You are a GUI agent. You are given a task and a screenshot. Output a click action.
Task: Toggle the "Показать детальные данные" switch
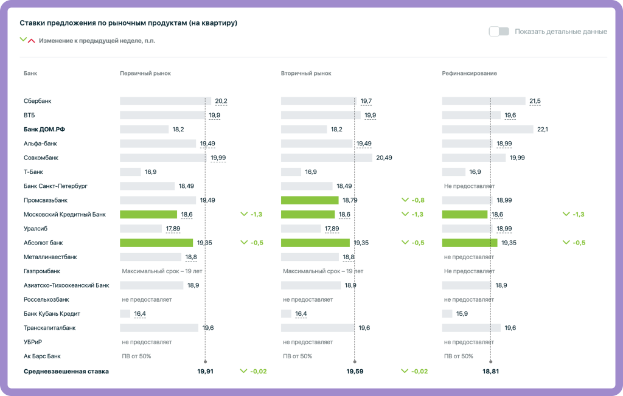click(499, 32)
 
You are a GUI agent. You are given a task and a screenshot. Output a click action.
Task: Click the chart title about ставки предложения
click(128, 23)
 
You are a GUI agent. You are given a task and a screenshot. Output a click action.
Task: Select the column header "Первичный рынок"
click(145, 74)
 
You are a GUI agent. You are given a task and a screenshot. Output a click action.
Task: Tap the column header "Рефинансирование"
click(469, 74)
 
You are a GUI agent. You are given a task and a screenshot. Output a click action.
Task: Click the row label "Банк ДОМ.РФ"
click(44, 130)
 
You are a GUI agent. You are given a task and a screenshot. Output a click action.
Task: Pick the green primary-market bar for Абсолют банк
click(156, 243)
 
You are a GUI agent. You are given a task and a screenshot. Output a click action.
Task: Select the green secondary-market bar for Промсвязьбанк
click(310, 200)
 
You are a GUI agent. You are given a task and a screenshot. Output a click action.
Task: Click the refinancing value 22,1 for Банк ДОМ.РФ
click(543, 130)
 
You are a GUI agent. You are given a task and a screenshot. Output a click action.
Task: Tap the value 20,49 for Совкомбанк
click(384, 158)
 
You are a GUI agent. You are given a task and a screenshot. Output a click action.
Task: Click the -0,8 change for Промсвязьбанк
click(417, 200)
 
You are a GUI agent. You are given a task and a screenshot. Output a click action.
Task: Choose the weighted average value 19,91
click(205, 371)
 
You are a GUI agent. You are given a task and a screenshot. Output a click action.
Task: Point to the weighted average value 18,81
click(490, 371)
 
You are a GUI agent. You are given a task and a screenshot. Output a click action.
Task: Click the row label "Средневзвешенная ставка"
click(66, 371)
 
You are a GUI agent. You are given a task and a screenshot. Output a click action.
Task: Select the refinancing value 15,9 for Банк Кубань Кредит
click(462, 314)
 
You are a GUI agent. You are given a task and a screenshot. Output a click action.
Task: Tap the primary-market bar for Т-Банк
click(130, 172)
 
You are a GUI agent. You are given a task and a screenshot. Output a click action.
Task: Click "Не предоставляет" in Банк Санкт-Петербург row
click(469, 186)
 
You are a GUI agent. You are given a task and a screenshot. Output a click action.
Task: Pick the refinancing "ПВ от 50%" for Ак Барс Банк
click(459, 356)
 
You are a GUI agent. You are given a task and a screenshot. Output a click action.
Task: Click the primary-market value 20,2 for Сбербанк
click(221, 101)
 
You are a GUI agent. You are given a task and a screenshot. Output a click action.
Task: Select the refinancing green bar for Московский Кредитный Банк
click(465, 214)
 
